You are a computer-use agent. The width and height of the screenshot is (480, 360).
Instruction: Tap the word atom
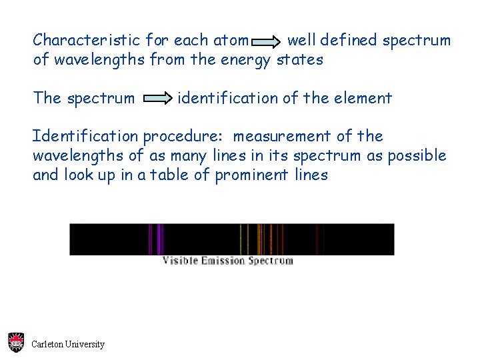(x=231, y=40)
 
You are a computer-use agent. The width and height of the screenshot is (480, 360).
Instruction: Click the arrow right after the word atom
(x=268, y=42)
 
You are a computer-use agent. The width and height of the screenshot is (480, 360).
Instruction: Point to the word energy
(x=246, y=60)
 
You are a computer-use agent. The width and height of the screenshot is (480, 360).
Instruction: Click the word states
(x=299, y=60)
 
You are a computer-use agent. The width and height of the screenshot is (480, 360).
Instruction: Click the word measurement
(x=281, y=137)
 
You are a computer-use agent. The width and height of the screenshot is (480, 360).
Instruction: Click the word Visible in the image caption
(x=180, y=261)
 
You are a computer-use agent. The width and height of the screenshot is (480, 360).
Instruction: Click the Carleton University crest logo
(x=16, y=343)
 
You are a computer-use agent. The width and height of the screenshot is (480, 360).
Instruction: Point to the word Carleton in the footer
(x=47, y=345)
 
